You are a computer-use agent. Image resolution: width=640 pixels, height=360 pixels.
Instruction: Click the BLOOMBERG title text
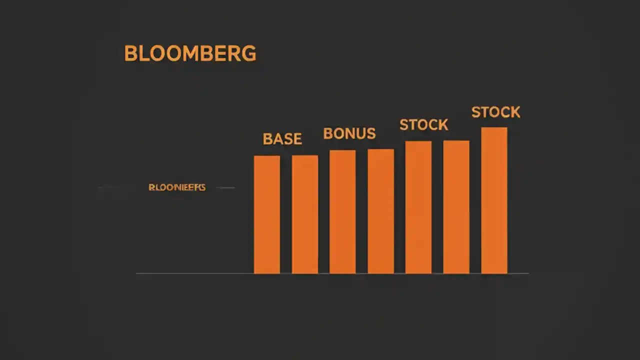[190, 53]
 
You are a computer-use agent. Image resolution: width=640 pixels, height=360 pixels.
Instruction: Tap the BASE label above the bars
[282, 139]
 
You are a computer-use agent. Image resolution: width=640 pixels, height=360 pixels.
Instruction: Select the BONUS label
[349, 133]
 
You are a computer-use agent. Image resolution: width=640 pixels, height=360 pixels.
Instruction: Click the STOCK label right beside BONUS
[423, 124]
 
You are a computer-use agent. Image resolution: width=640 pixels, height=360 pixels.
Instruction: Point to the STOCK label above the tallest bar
[495, 112]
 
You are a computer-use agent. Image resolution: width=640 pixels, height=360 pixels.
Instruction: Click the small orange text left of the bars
[177, 187]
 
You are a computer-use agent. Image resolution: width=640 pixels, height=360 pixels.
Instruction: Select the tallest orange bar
[494, 200]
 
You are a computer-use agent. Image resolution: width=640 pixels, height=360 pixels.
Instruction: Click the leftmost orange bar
[267, 215]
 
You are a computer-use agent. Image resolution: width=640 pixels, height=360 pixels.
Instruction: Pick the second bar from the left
[305, 215]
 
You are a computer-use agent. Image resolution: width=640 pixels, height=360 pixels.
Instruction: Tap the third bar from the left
[342, 212]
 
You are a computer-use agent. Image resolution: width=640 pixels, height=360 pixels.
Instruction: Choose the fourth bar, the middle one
[381, 211]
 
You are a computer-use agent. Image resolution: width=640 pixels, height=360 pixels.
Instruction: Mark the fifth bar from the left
[418, 207]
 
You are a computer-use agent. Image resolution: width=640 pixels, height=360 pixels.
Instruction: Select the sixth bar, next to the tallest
[456, 207]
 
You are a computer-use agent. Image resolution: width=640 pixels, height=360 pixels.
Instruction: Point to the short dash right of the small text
[226, 188]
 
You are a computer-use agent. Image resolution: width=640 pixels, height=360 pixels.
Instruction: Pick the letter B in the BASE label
[267, 139]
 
